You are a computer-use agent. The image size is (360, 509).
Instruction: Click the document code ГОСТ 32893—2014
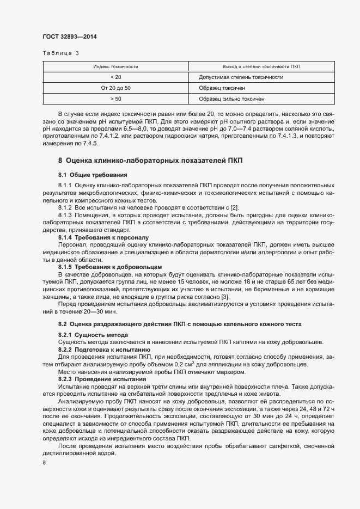70,37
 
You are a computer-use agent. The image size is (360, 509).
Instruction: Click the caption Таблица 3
60,53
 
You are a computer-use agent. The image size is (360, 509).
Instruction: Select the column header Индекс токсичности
115,66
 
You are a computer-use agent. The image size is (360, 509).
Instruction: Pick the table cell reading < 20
115,77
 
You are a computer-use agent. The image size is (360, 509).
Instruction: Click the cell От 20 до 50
115,88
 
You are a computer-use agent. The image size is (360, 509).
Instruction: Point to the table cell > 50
115,99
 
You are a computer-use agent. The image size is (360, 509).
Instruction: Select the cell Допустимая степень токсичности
241,77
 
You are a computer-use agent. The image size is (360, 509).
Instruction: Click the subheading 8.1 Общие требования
93,175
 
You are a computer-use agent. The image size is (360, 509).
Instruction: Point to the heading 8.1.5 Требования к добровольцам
103,267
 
